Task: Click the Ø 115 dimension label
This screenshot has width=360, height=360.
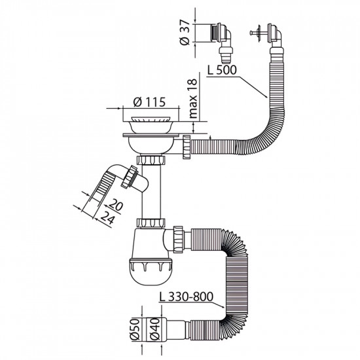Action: click(x=149, y=103)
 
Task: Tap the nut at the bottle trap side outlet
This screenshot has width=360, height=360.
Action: click(x=179, y=235)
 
